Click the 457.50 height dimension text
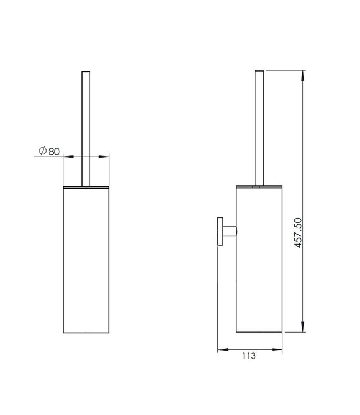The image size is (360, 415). click(x=299, y=232)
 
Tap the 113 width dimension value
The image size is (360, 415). click(x=249, y=356)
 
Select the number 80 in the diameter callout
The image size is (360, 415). click(x=54, y=152)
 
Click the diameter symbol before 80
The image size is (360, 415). click(x=43, y=151)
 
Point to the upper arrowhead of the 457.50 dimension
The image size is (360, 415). click(x=303, y=76)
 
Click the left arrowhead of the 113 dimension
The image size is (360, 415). click(x=223, y=350)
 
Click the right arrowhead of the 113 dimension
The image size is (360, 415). click(x=277, y=350)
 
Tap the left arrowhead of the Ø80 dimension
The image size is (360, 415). click(x=68, y=157)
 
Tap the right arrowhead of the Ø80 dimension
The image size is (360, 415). click(x=104, y=157)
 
